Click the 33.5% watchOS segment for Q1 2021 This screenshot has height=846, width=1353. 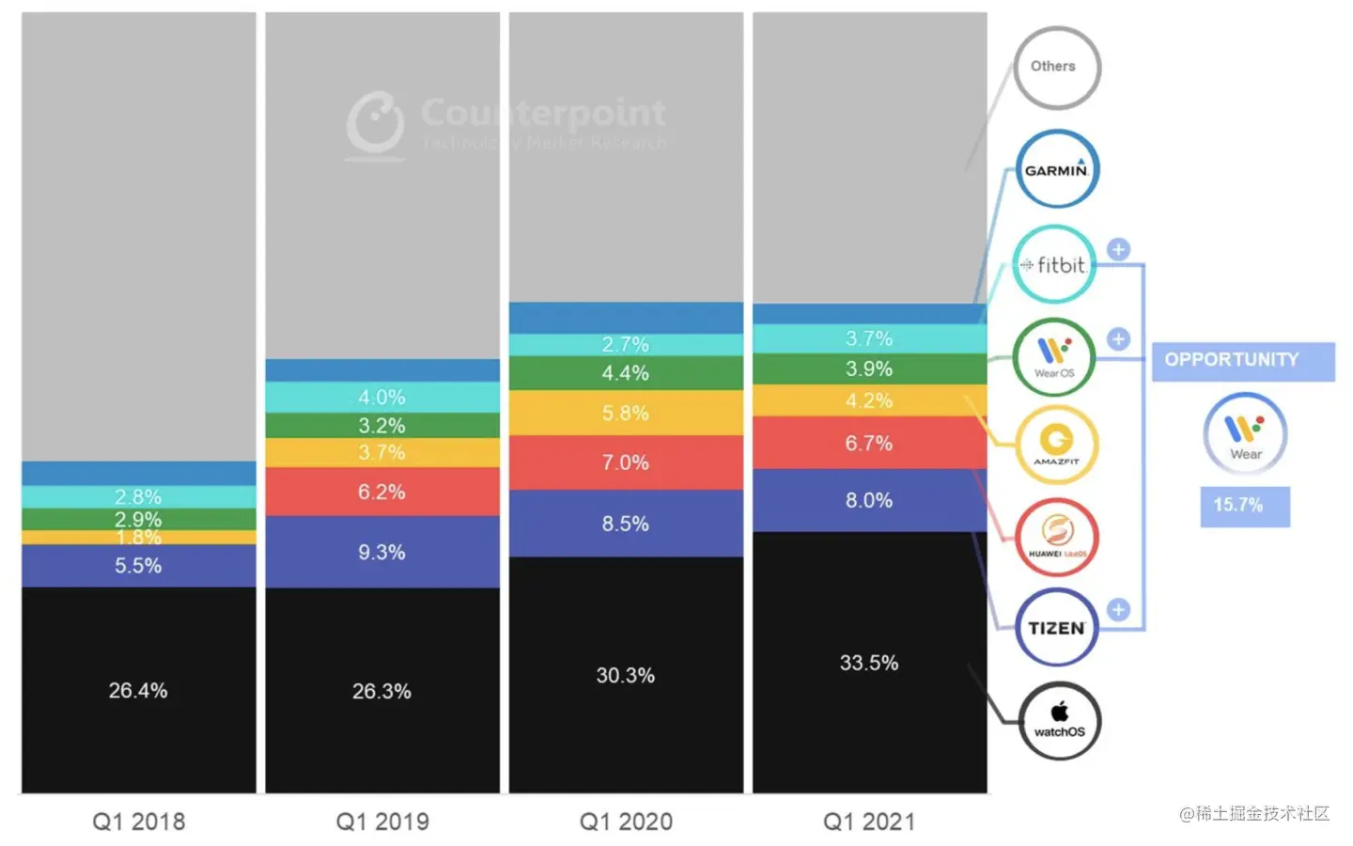[x=869, y=663]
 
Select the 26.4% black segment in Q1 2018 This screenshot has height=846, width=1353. [x=138, y=690]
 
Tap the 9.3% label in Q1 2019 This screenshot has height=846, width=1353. [x=381, y=553]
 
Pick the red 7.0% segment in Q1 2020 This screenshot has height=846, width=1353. [x=626, y=462]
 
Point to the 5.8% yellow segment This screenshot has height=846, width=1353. [x=626, y=413]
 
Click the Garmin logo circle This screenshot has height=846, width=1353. [x=1057, y=169]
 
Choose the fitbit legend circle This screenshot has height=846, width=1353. [x=1055, y=264]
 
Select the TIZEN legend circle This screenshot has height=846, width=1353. [x=1057, y=627]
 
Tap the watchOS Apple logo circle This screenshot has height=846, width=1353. [x=1060, y=720]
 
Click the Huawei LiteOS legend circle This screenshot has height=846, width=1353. [x=1057, y=536]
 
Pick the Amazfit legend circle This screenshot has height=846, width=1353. [x=1057, y=444]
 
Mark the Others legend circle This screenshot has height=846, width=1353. [x=1055, y=67]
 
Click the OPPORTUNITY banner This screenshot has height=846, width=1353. [x=1242, y=361]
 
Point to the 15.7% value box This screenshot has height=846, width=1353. [x=1244, y=506]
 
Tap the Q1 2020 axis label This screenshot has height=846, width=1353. [x=626, y=822]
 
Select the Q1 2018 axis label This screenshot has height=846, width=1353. [x=139, y=822]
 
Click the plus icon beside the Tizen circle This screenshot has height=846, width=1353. [x=1118, y=610]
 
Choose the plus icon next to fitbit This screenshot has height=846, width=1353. [x=1118, y=249]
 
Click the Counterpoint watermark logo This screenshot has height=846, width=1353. [x=376, y=122]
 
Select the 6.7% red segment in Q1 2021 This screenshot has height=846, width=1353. [x=869, y=443]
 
